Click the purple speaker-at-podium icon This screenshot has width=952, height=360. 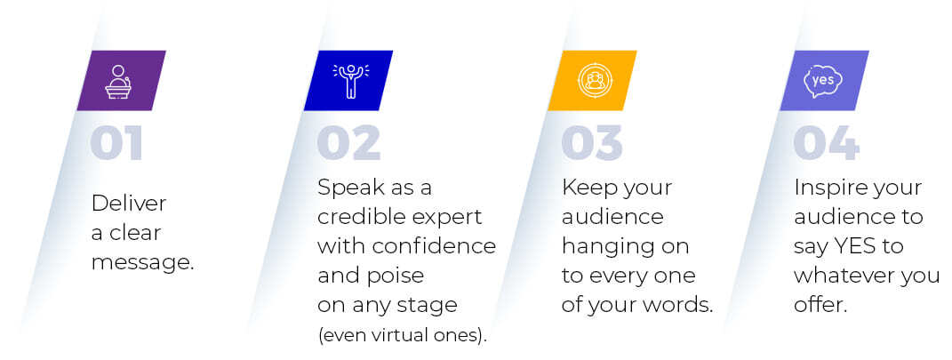click(118, 82)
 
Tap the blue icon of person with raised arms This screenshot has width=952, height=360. click(351, 81)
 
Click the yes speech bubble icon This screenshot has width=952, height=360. click(823, 82)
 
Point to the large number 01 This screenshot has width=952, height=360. click(116, 143)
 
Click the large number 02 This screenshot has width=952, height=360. click(348, 143)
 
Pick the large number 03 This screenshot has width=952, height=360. click(592, 143)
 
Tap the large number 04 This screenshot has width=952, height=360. click(826, 143)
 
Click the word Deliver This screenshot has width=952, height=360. click(129, 203)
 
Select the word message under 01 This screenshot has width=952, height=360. click(143, 263)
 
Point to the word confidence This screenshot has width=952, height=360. click(434, 246)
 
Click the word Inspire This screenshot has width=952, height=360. click(825, 188)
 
